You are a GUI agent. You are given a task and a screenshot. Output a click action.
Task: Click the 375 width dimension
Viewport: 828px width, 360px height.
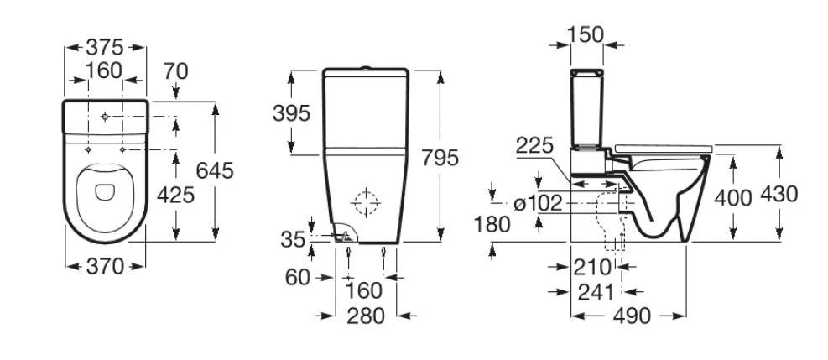106,47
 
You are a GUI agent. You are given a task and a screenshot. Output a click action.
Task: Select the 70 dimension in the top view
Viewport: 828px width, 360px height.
175,71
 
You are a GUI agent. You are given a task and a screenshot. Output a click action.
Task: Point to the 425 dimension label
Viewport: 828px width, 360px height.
176,195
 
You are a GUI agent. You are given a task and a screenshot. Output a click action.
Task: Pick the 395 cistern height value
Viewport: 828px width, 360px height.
291,113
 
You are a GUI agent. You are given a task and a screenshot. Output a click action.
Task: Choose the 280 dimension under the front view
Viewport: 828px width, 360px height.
365,316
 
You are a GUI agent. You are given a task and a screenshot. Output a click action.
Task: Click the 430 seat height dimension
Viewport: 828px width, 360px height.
779,195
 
